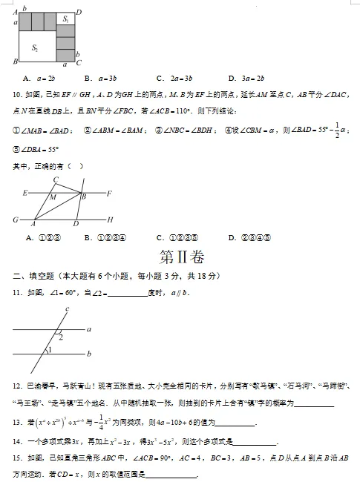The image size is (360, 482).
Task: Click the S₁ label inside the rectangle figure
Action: (66, 19)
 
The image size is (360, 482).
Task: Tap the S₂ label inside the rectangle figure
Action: (35, 47)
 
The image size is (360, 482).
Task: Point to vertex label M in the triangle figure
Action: (53, 197)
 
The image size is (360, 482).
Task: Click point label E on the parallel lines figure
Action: (25, 194)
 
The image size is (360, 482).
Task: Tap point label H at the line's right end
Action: (111, 220)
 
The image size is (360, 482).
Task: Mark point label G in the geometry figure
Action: (15, 220)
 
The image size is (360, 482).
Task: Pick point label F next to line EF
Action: (109, 194)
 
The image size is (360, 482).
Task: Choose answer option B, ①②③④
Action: (105, 238)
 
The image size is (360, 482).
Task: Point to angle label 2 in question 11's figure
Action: (61, 337)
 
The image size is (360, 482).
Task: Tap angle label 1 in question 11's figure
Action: (50, 350)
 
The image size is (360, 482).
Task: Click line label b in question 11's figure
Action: (89, 354)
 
